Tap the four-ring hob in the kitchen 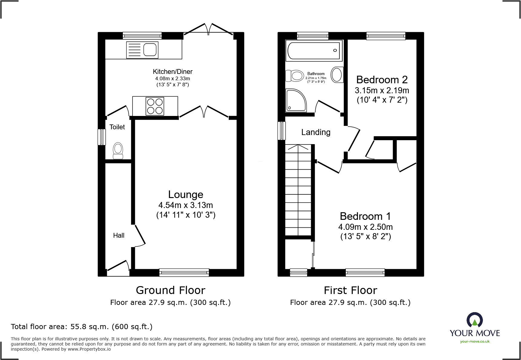point(155,106)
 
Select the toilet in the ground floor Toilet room point(118,151)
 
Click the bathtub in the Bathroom point(313,50)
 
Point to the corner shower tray point(296,100)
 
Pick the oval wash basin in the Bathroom point(337,74)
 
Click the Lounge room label point(186,194)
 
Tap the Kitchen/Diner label point(173,72)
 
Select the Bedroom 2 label point(382,80)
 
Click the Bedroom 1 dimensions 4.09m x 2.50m point(365,227)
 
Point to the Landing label point(316,132)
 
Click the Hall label point(119,235)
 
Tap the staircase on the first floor point(298,190)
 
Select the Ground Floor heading point(171,290)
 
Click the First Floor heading point(350,290)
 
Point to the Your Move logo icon point(474,320)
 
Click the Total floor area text point(82,327)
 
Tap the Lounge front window point(184,272)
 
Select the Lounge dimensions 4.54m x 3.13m point(186,205)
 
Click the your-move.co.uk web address point(475,342)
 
